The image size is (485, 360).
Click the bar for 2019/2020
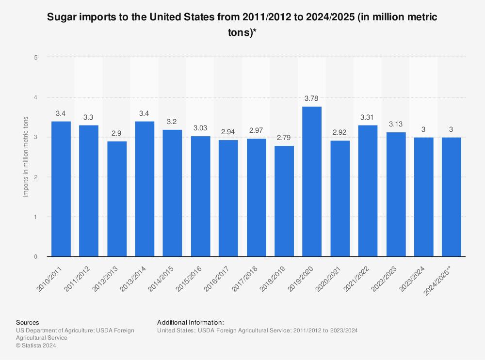click(x=312, y=182)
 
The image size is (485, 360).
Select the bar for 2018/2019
click(x=284, y=201)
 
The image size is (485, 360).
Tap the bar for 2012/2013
click(x=117, y=199)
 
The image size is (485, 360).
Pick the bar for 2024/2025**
click(x=452, y=197)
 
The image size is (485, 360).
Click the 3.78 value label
click(x=311, y=99)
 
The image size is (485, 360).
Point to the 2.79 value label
click(x=284, y=138)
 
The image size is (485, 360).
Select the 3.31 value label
click(x=368, y=117)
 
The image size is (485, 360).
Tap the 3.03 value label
click(x=200, y=128)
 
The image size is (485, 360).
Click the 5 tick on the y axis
click(x=35, y=57)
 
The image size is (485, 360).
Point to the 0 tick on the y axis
click(x=35, y=257)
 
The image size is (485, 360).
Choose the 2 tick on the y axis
click(x=35, y=177)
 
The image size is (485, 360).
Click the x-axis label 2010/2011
click(x=50, y=278)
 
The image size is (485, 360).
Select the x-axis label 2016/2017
click(x=217, y=278)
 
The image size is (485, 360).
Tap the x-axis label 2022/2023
click(x=385, y=278)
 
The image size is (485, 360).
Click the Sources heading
click(x=28, y=322)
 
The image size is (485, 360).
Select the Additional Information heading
click(x=191, y=322)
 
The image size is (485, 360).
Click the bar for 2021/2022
click(x=368, y=191)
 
